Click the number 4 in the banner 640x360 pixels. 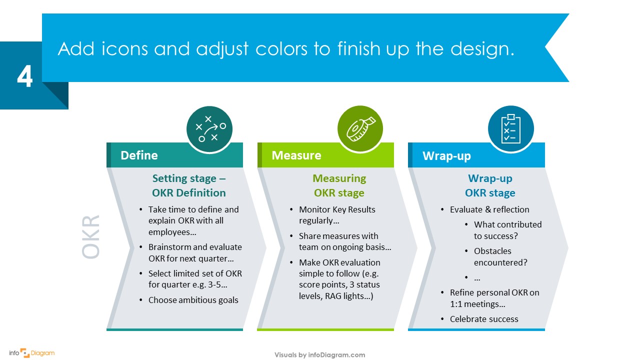click(x=24, y=76)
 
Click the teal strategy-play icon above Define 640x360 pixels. click(x=209, y=129)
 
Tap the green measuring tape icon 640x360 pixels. click(x=360, y=129)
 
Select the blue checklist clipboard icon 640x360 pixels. click(x=511, y=128)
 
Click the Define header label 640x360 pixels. click(x=139, y=155)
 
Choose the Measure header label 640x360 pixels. click(x=296, y=155)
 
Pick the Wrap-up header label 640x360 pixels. click(x=446, y=156)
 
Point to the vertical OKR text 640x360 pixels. click(x=91, y=237)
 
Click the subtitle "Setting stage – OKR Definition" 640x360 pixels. click(x=189, y=185)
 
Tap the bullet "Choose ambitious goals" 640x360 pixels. click(x=193, y=300)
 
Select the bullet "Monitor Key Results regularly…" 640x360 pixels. click(x=336, y=215)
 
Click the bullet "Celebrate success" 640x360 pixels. click(x=483, y=319)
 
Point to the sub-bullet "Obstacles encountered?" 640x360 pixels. click(x=500, y=256)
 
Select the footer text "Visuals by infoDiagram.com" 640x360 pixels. click(x=320, y=355)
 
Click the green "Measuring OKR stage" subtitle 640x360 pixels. click(x=339, y=185)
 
